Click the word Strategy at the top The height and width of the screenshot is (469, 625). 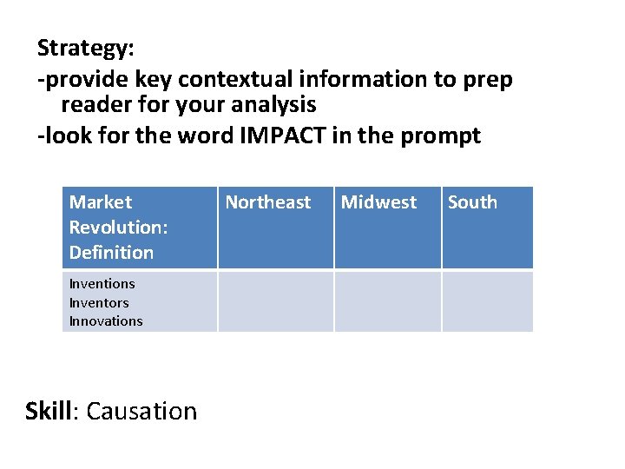point(79,49)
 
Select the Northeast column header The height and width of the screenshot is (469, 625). point(267,202)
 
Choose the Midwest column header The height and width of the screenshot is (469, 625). point(378,202)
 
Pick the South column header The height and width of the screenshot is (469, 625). point(472,202)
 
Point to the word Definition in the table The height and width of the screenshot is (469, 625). point(111,253)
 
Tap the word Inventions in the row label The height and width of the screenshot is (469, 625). point(102,284)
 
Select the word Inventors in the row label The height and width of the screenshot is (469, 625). point(99,302)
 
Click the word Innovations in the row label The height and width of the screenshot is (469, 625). point(106,321)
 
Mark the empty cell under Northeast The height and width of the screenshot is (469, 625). point(275,301)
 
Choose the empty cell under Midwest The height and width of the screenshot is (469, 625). point(387,301)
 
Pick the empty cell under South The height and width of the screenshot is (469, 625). point(487,301)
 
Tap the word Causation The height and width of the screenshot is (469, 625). point(142,410)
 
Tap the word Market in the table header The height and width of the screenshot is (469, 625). point(101,202)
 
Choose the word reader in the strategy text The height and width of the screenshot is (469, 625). point(89,106)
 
